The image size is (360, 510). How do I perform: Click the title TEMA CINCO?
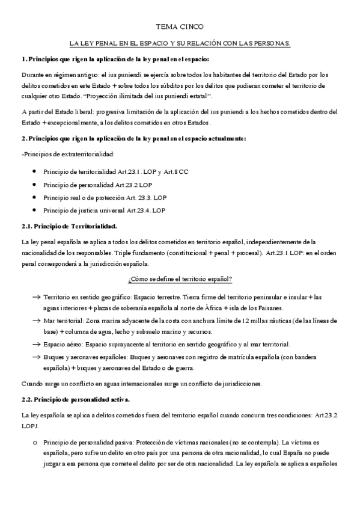(180, 27)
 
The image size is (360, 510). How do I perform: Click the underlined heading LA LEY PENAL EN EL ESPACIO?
(180, 44)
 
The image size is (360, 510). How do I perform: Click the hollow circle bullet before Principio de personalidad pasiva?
(37, 441)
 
